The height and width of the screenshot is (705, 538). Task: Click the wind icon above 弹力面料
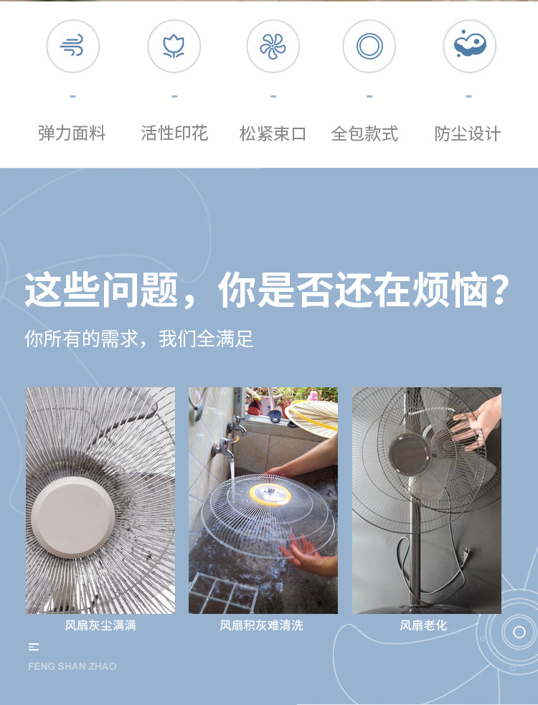(x=72, y=47)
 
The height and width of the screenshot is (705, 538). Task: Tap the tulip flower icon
(x=174, y=47)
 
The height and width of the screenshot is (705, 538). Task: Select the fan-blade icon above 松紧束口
(x=273, y=47)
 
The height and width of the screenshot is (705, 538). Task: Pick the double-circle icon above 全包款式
(x=369, y=47)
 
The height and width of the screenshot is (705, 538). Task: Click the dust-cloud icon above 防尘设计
(x=470, y=45)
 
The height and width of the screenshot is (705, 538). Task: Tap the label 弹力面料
(x=72, y=133)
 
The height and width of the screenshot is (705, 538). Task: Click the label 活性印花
(x=174, y=133)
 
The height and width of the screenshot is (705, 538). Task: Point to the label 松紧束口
(x=273, y=133)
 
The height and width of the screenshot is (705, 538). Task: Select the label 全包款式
(x=364, y=133)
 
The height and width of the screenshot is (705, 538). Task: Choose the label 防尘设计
(x=468, y=133)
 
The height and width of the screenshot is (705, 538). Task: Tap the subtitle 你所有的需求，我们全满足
(x=139, y=339)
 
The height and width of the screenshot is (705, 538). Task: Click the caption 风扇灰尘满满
(x=100, y=625)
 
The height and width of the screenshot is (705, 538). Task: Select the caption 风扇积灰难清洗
(x=262, y=625)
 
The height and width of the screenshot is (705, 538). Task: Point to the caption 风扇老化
(x=423, y=625)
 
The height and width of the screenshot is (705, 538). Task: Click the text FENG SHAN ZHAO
(x=72, y=666)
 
